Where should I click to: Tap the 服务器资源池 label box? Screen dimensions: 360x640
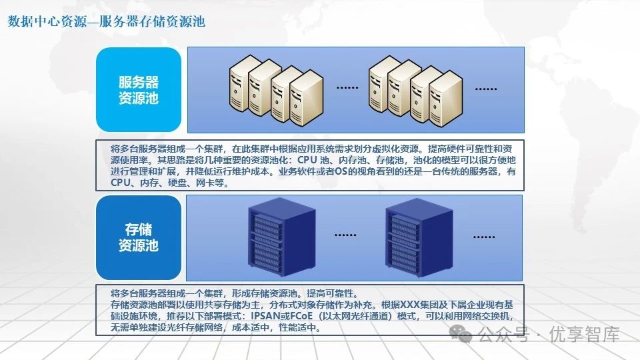(x=138, y=90)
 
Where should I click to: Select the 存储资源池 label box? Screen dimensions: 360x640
(x=138, y=237)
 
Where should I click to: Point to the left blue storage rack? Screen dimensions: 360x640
(x=273, y=236)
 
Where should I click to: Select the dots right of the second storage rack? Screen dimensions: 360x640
(x=485, y=236)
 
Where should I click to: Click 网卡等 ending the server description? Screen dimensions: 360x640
(x=213, y=182)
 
